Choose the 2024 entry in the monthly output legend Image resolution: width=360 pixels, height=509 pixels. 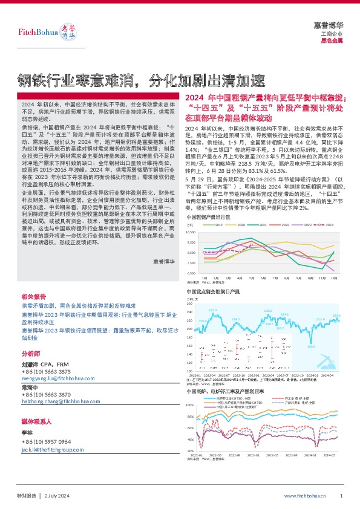point(327,224)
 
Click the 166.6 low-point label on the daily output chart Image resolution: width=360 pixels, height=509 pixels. point(311,346)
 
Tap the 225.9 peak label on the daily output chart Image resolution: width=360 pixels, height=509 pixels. point(212,310)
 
